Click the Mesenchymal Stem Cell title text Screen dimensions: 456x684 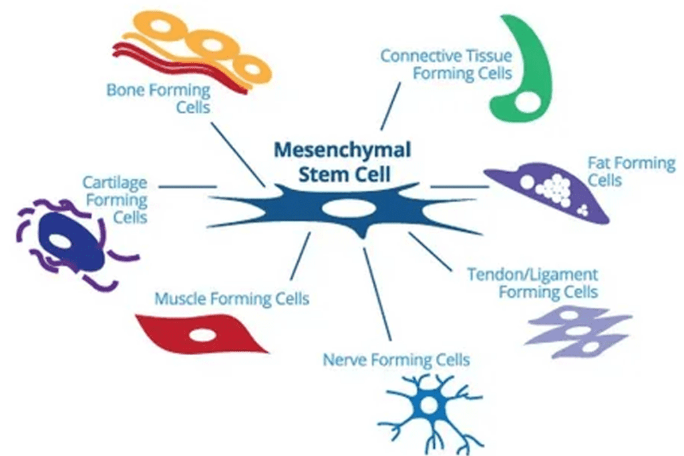point(342,161)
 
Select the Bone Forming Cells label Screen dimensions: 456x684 point(159,98)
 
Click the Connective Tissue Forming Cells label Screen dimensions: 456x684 point(446,64)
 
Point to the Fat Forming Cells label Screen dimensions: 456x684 point(631,171)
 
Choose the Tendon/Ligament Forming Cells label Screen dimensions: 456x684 point(532,283)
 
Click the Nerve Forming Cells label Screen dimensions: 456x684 point(396,361)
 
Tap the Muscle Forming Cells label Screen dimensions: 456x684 point(232,298)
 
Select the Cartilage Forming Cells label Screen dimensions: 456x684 point(115,200)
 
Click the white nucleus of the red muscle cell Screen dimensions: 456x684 point(201,334)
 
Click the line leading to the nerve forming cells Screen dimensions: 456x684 point(376,294)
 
